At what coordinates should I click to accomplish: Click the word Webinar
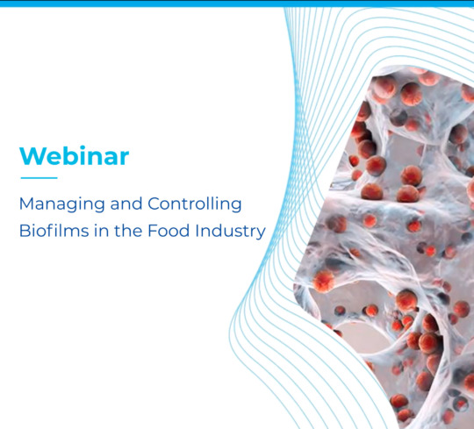74,156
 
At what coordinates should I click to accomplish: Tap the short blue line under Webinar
38,178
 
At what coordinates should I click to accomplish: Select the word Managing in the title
61,205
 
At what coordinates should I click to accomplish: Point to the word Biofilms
48,232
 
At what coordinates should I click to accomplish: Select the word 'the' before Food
126,232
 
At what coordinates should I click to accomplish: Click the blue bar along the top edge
237,3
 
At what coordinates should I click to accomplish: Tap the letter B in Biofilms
25,232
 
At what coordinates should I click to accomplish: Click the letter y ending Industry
262,234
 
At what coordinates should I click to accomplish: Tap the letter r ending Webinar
125,158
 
